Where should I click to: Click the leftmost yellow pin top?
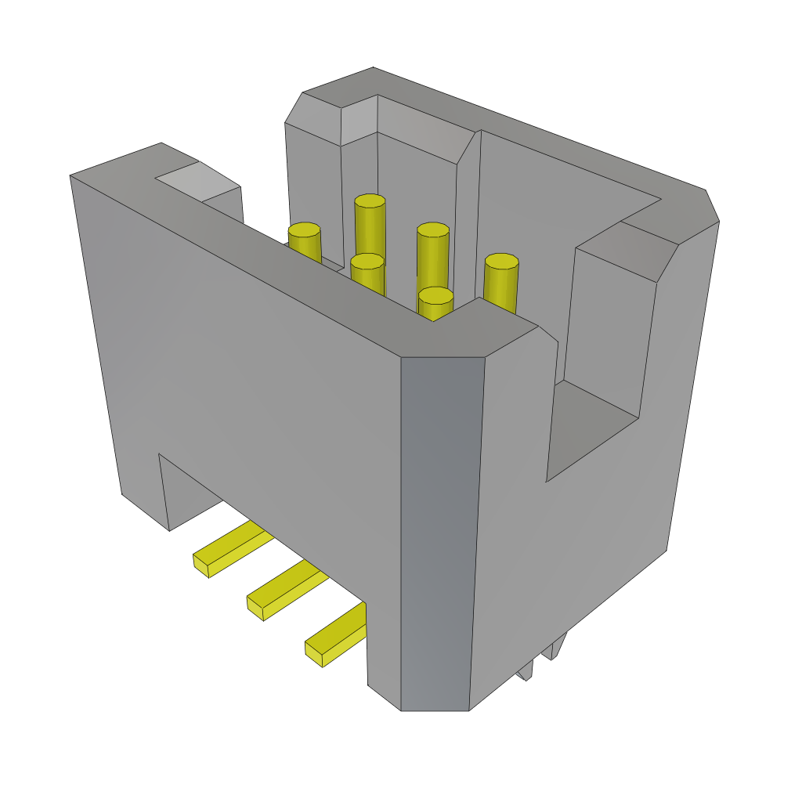coord(304,230)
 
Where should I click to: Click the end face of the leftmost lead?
coord(200,565)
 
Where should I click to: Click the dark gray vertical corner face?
coord(439,533)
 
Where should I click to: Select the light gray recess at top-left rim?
coord(196,180)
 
